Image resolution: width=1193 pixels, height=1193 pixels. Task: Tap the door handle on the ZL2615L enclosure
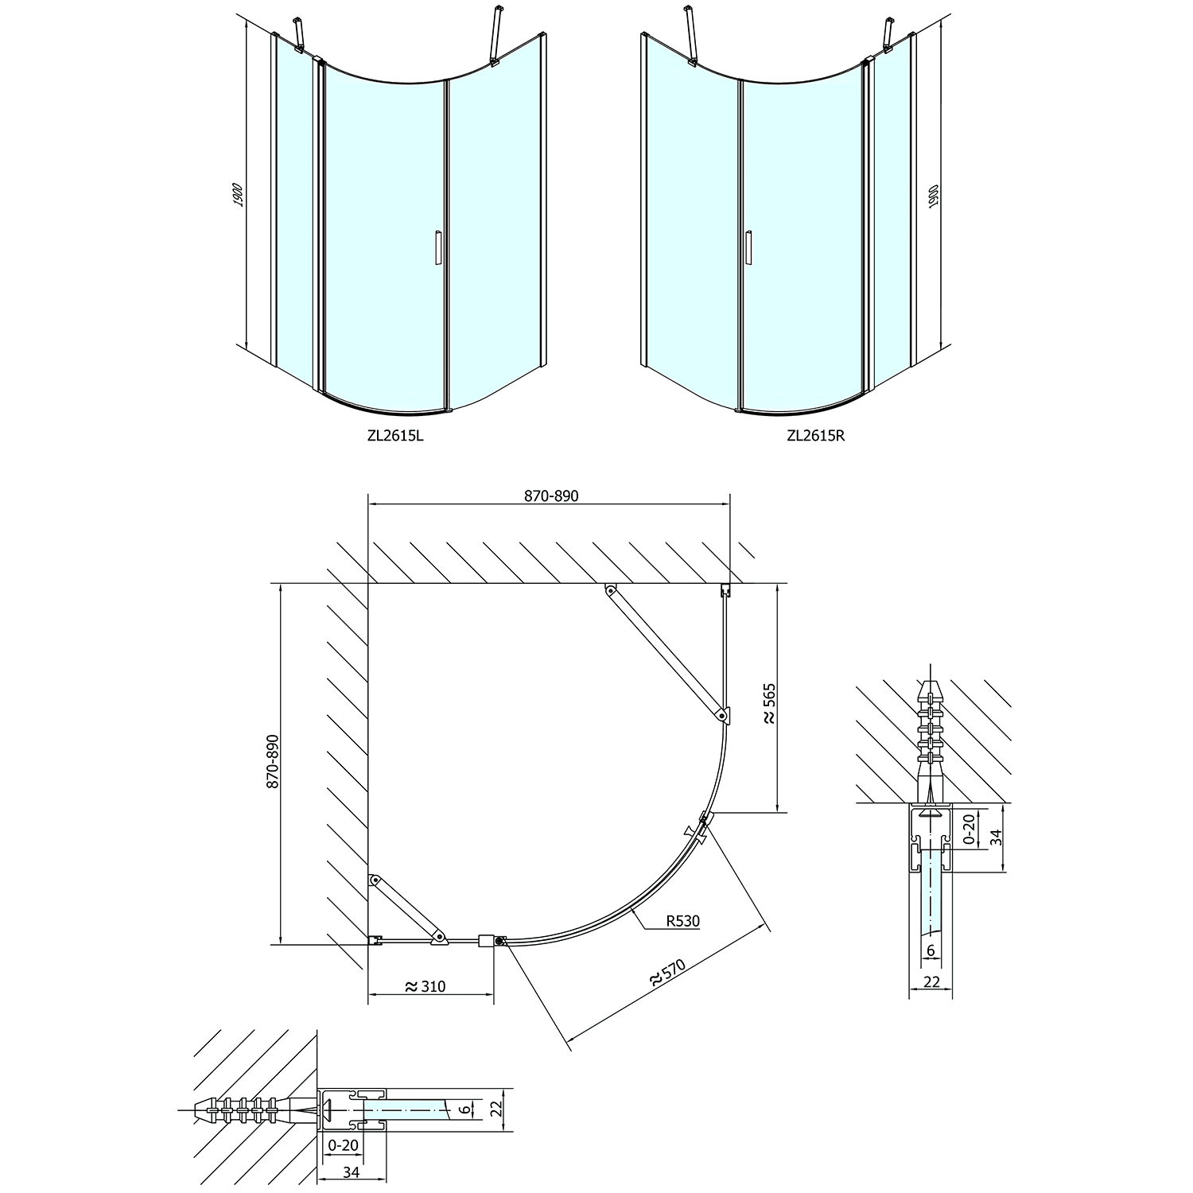[437, 247]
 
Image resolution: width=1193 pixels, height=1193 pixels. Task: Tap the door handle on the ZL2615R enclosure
[748, 247]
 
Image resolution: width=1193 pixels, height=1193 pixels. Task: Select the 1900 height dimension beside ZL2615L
[237, 195]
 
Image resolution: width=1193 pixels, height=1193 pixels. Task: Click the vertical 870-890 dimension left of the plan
[272, 761]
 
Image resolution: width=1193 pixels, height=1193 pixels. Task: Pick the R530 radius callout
[682, 922]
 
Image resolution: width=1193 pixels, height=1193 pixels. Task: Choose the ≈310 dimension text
[426, 987]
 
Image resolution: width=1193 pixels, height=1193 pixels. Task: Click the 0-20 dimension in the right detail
[968, 828]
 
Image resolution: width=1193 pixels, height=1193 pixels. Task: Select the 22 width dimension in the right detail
[931, 982]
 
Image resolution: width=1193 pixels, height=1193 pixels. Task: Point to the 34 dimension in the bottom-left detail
[352, 1172]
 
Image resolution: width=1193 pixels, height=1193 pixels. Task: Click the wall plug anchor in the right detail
[930, 728]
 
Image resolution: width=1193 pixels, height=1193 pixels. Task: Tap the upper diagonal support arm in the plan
[665, 651]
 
